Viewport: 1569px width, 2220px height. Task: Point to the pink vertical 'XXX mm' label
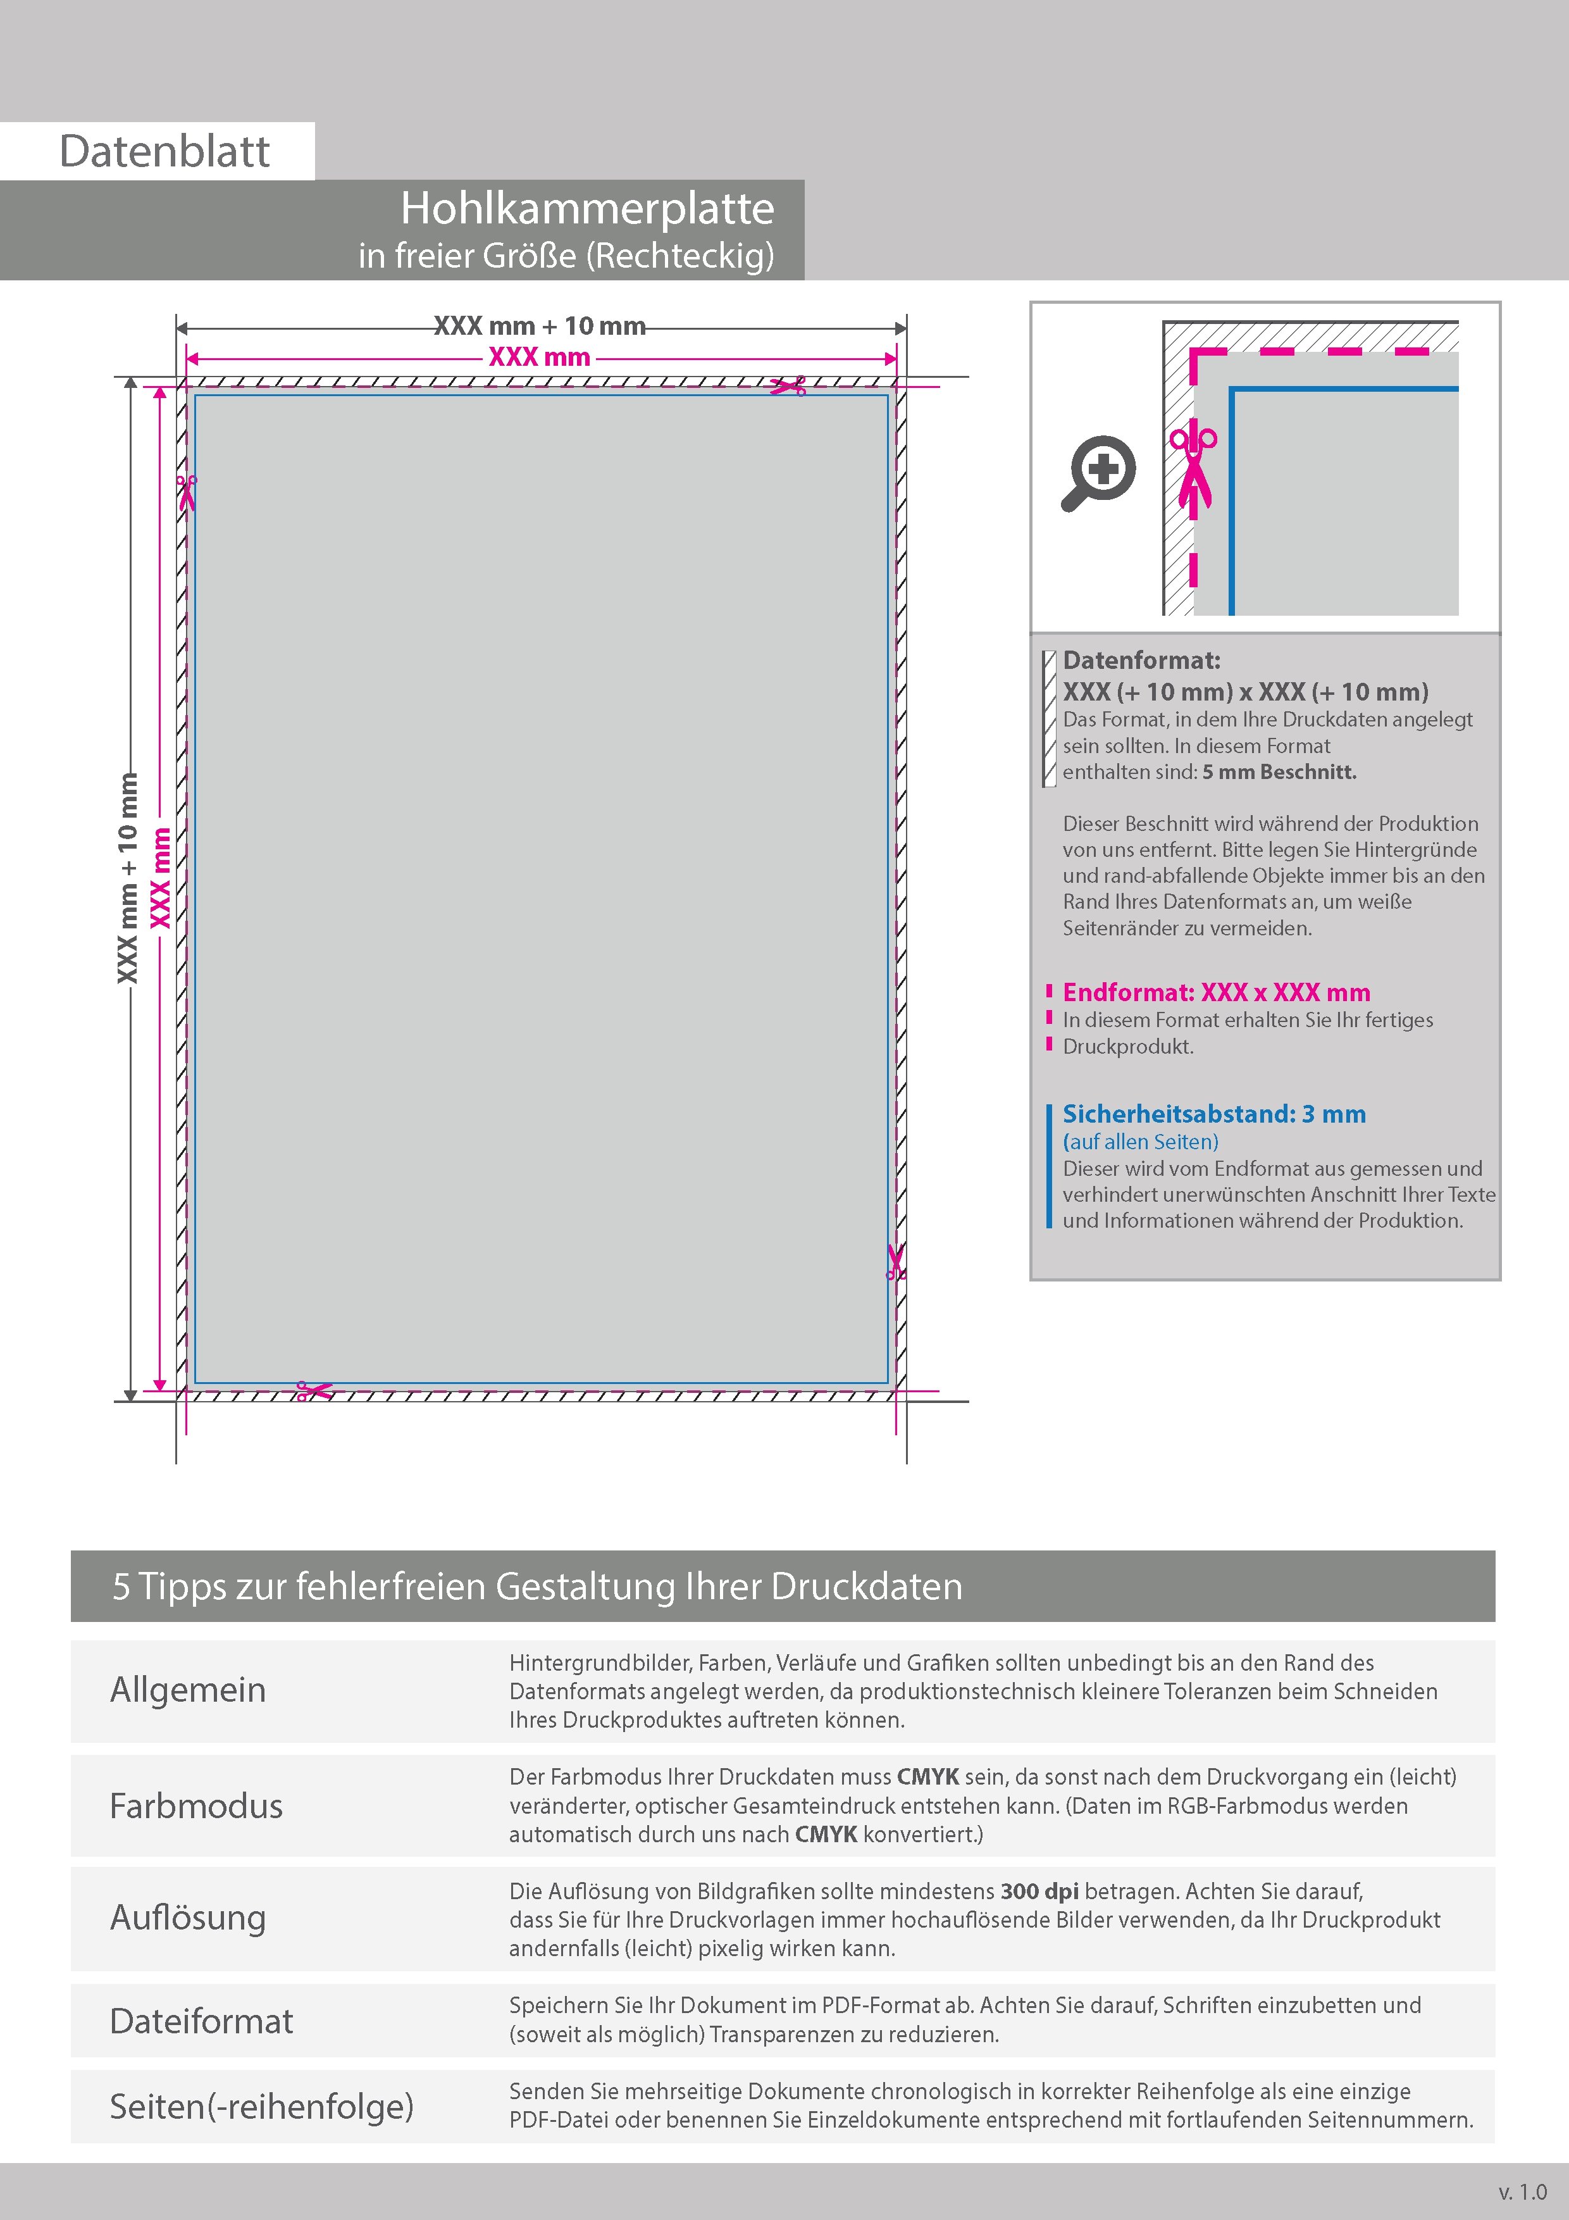click(161, 877)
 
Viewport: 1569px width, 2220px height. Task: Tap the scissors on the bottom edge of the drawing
click(314, 1392)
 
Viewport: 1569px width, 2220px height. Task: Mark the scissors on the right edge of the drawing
click(895, 1262)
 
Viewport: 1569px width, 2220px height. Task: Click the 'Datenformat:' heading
click(1142, 661)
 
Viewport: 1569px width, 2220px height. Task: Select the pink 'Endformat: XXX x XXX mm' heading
click(1216, 992)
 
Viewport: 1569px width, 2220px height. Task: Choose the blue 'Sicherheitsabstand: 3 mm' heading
click(1214, 1114)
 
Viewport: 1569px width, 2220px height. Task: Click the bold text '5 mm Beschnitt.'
click(1279, 771)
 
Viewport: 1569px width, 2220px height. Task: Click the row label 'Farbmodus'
click(196, 1805)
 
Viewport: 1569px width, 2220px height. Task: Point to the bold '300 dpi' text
click(1039, 1892)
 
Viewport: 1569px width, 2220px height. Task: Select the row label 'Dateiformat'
click(201, 2021)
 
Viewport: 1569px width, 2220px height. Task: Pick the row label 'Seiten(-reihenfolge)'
click(261, 2106)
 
